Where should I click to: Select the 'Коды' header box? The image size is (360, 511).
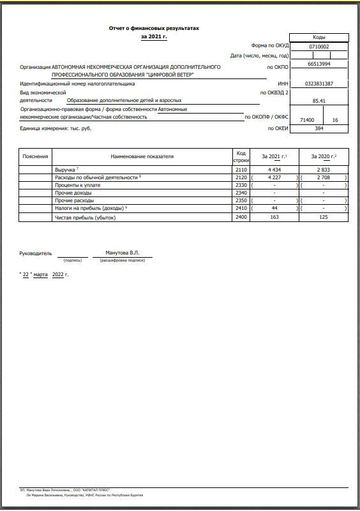pos(319,38)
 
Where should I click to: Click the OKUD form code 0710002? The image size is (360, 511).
pos(319,47)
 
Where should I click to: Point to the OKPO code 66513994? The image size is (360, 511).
pos(319,64)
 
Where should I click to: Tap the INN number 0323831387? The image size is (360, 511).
pos(319,84)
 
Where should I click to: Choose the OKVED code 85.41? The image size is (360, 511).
pos(319,101)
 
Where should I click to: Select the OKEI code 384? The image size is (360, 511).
pos(319,128)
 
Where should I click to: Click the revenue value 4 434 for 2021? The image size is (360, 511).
pos(274,170)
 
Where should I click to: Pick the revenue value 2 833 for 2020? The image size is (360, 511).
pos(324,170)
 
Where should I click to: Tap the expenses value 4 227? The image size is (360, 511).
pos(274,177)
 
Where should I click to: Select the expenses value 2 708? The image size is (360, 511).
pos(324,177)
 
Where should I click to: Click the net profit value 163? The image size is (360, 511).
pos(274,218)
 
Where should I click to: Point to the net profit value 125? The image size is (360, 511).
pos(324,218)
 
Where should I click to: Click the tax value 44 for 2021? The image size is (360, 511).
pos(274,209)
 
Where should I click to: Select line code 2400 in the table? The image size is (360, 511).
pos(241,218)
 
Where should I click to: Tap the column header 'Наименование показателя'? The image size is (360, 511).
pos(142,156)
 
